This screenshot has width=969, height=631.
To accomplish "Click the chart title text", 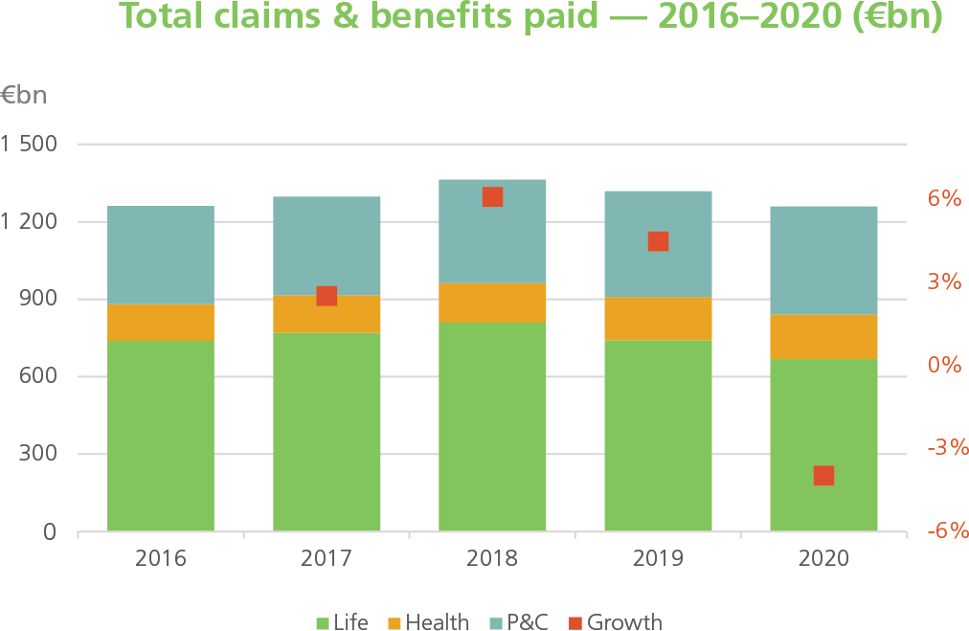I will point(530,17).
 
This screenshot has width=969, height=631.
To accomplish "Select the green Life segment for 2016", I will point(161,435).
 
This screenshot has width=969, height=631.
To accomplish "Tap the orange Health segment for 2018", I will point(492,303).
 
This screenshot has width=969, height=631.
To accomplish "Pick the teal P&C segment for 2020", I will point(823,260).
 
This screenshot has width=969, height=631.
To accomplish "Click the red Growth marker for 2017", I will point(327,296).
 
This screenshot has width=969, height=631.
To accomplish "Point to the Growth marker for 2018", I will point(492,196).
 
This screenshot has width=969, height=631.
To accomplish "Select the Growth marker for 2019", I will point(658,241).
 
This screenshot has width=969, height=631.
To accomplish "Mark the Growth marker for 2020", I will point(823,476).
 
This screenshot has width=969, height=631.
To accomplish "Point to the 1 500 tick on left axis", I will point(30,145).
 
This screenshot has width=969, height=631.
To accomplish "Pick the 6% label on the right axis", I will point(943,199).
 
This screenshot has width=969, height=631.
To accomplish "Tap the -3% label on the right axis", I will point(943,448).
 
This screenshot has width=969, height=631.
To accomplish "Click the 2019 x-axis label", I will point(658,558).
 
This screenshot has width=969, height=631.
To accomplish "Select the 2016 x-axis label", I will point(161,558).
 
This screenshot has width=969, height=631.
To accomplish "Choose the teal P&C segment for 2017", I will point(327,245).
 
